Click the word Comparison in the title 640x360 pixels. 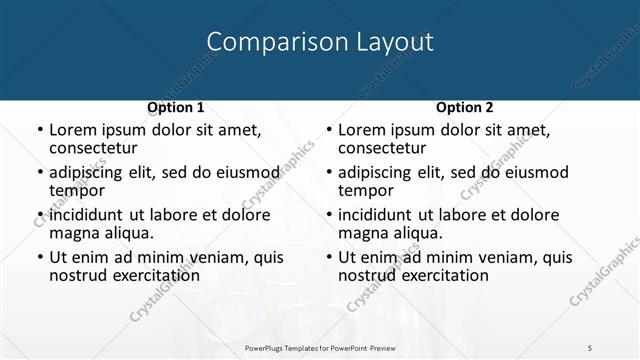pos(265,42)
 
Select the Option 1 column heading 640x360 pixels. pos(176,107)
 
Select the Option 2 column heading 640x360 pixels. pos(465,107)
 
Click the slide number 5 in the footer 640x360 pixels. pos(590,347)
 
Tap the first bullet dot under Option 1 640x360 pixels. pos(39,130)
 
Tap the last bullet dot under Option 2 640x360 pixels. pos(328,257)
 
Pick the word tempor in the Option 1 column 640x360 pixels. pos(77,190)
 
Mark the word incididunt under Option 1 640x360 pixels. pos(88,215)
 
